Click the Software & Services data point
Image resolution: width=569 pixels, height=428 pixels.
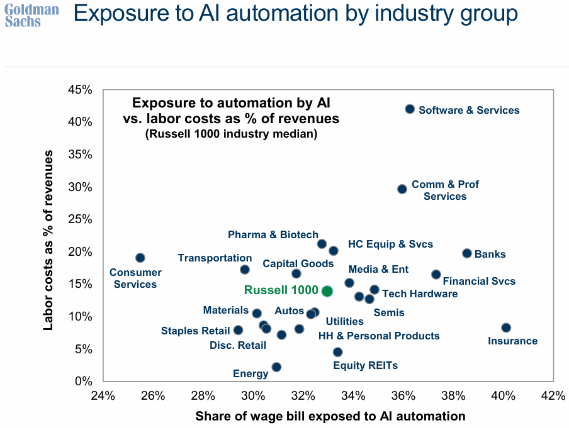pos(410,109)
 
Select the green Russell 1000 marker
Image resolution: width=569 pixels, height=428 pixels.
pos(327,291)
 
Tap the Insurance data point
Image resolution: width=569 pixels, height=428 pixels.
pos(506,328)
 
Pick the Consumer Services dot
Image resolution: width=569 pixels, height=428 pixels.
pos(140,258)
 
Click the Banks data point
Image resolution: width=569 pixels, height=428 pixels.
pos(467,253)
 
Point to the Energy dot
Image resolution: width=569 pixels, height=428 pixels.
pos(276,367)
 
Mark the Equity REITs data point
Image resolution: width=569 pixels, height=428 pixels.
pos(337,353)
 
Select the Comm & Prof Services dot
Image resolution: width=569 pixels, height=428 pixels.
pos(402,189)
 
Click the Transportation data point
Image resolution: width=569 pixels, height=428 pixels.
pos(245,270)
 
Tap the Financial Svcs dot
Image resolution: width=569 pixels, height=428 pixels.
pos(436,275)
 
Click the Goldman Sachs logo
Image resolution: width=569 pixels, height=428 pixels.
pos(32,16)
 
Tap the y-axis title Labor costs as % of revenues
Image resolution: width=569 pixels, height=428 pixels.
pos(48,239)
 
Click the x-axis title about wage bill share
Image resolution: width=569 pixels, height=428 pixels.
pos(330,416)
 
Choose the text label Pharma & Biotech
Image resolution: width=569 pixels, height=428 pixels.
pos(273,235)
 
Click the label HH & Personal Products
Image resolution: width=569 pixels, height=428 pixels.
pos(379,336)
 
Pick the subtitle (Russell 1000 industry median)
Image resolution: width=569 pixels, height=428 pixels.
pos(231,134)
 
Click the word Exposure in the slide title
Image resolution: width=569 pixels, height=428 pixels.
pos(120,14)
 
